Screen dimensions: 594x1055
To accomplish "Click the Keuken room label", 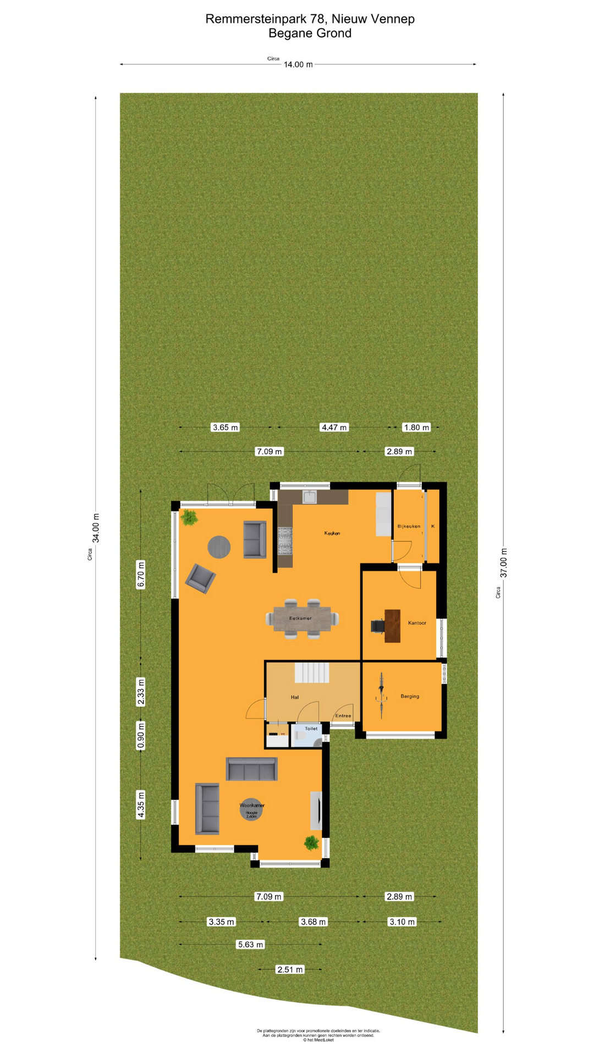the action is [332, 533].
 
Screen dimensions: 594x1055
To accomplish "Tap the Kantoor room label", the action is [417, 623].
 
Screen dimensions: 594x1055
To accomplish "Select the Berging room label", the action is [410, 696].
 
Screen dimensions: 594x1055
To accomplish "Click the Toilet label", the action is [311, 729].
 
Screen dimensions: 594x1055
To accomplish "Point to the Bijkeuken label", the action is [409, 526].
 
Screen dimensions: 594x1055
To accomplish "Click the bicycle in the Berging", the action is [381, 696].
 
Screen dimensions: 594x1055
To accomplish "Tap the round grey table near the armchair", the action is [219, 547].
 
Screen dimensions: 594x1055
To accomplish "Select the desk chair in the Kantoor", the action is [378, 626].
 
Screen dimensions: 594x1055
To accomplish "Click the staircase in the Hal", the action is [312, 672].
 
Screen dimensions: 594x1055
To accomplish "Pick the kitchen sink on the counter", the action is [310, 497].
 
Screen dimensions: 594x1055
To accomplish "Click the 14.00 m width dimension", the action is [298, 64].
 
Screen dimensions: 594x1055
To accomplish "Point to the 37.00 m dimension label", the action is [503, 563].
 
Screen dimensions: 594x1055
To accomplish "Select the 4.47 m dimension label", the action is [334, 427].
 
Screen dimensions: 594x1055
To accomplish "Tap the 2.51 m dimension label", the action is [290, 969].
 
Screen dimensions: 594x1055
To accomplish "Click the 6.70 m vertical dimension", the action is [141, 574].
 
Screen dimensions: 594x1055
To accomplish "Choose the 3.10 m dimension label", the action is [402, 921].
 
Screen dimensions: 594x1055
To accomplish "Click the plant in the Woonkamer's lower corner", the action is [311, 842].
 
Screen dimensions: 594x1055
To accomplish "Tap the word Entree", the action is [343, 715].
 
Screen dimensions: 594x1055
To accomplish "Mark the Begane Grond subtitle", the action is [310, 33].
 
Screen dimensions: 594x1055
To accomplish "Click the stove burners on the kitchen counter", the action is [285, 540].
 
